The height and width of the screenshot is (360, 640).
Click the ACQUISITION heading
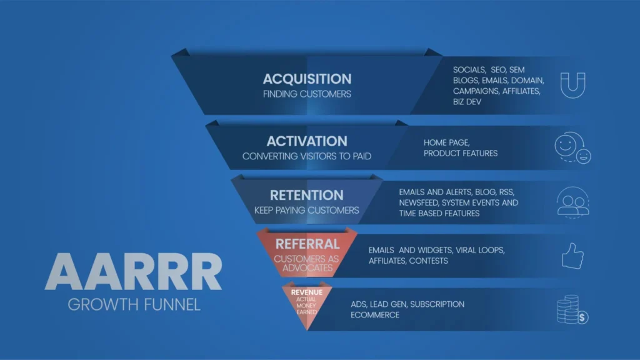[307, 79]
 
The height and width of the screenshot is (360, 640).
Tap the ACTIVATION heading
[307, 141]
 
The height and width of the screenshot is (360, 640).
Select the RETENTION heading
[306, 196]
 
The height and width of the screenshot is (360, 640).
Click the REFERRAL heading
[307, 244]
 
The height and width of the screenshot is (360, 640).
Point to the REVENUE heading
[307, 292]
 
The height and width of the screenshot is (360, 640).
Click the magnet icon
[572, 85]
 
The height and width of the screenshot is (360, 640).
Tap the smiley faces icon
[572, 147]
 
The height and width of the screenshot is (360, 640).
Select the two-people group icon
[572, 201]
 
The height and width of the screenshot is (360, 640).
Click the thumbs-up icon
[572, 256]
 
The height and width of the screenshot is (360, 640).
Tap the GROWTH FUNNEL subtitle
[134, 305]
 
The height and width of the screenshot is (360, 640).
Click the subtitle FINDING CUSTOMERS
[307, 94]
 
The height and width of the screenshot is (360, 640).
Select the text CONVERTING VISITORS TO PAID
[307, 156]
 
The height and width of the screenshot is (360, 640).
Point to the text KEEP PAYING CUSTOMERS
[306, 210]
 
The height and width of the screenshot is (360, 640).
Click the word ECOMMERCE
[375, 315]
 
